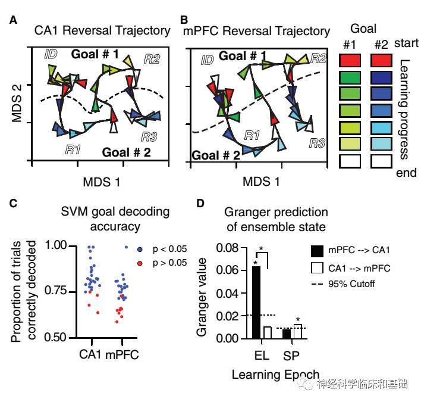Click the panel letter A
tap(14, 21)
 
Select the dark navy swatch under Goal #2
tap(381, 77)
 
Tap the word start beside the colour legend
tap(407, 43)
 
